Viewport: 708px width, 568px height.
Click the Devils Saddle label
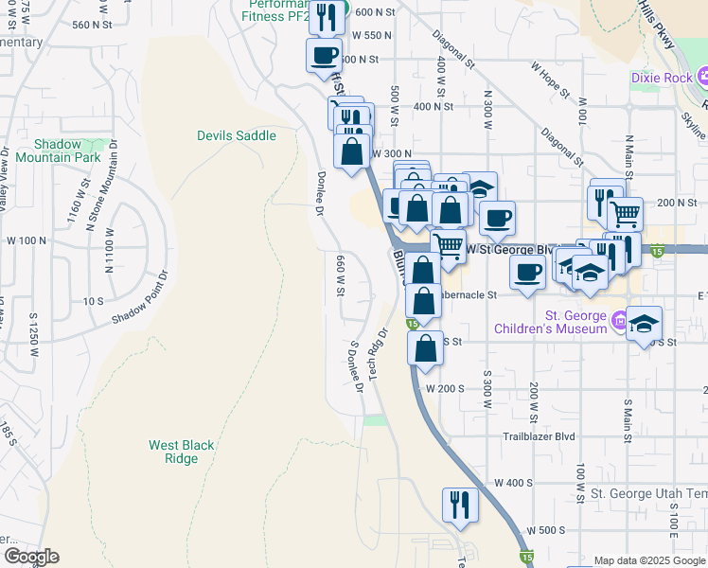237,136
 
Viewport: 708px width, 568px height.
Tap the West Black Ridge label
174,452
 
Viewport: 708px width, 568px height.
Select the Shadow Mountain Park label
58,151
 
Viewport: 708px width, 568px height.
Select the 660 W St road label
338,275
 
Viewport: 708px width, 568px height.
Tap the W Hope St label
550,80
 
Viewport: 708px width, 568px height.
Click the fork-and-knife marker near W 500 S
460,505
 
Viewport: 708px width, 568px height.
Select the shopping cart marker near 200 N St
625,214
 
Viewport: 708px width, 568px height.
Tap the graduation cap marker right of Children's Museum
644,324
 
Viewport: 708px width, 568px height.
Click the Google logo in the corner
30,557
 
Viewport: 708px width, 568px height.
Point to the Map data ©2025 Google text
650,560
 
